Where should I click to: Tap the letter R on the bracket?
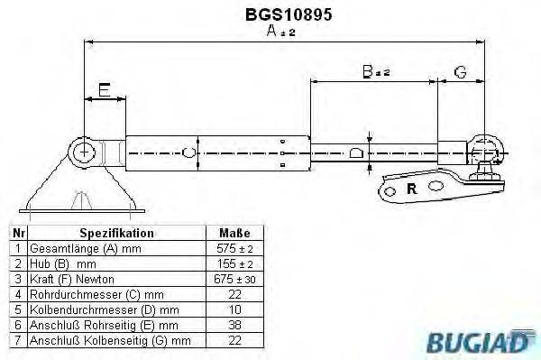tap(411, 189)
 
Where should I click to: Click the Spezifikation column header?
tap(116, 233)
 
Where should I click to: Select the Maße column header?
tap(234, 233)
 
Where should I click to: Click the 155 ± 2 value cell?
tap(234, 264)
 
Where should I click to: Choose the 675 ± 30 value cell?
tap(234, 280)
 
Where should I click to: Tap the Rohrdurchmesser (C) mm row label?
tap(94, 294)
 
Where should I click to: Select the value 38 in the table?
tap(234, 325)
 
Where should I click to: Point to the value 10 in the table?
tap(234, 309)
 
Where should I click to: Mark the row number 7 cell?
tap(18, 340)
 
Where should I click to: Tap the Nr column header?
tap(18, 233)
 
